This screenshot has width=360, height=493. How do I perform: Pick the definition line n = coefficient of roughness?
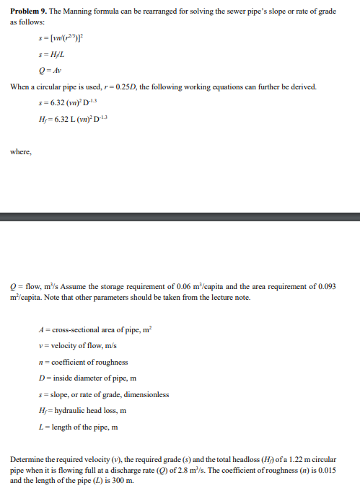(x=83, y=362)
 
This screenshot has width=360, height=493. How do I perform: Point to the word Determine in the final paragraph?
(x=27, y=459)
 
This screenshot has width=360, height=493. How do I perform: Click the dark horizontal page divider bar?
(x=180, y=216)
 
